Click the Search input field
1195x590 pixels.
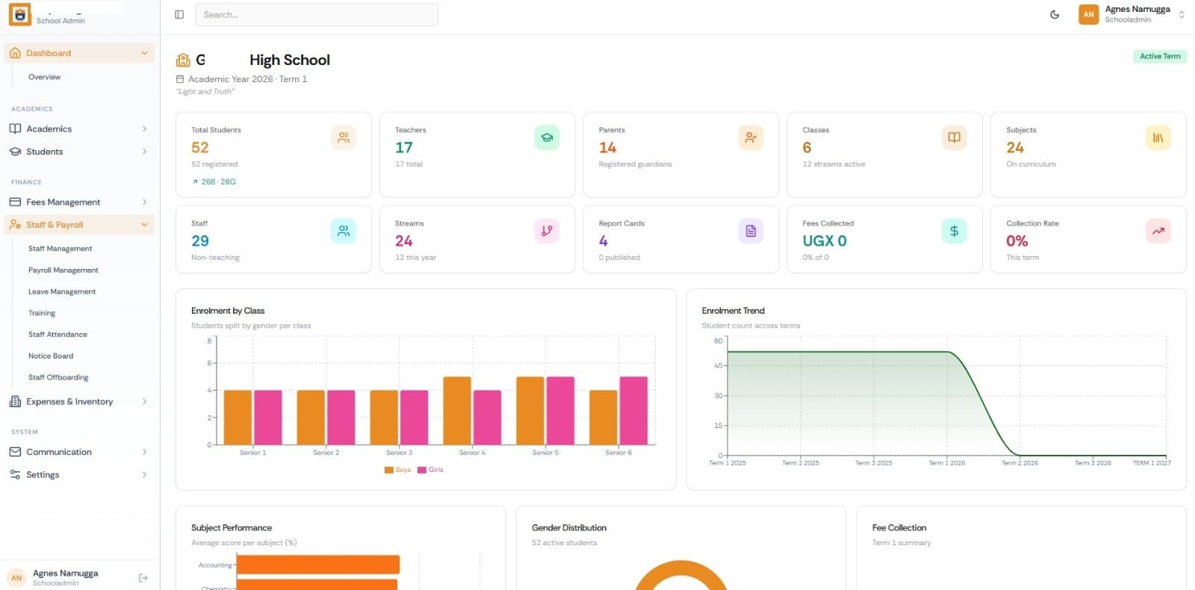[x=317, y=15]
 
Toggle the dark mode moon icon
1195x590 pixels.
[x=1055, y=15]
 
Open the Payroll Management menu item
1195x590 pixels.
[x=63, y=270]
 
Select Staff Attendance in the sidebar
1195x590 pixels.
[x=58, y=335]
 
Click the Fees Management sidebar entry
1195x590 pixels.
[x=63, y=202]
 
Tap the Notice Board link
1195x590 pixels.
[x=51, y=356]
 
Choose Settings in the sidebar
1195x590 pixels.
[x=43, y=475]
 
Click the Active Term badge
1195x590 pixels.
[x=1160, y=56]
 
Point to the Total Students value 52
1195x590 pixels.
[x=200, y=148]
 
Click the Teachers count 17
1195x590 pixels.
[x=404, y=148]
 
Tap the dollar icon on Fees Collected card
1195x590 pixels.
[x=954, y=232]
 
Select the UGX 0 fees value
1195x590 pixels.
[x=825, y=241]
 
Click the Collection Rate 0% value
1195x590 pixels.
[x=1016, y=241]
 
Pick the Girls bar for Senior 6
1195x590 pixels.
[x=633, y=411]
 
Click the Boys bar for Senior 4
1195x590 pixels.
[x=457, y=411]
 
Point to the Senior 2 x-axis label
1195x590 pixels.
[x=326, y=453]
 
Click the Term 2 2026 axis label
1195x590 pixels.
[x=1019, y=463]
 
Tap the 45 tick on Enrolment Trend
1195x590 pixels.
[x=718, y=365]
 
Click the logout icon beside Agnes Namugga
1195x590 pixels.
[x=143, y=578]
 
